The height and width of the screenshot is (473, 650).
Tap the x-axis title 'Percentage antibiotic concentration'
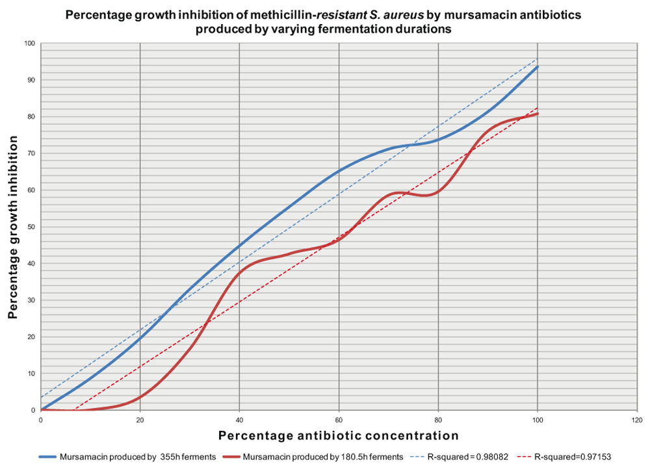point(338,435)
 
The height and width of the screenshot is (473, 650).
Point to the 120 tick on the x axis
point(637,420)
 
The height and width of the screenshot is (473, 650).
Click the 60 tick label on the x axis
point(339,420)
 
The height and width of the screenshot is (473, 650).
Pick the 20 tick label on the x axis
point(140,420)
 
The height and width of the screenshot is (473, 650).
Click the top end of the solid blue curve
point(538,66)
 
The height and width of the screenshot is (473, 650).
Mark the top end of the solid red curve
point(538,114)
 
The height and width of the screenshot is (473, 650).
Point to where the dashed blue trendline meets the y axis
point(41,397)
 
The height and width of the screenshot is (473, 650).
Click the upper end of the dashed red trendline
point(538,108)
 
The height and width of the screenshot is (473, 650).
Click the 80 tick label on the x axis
point(438,420)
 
